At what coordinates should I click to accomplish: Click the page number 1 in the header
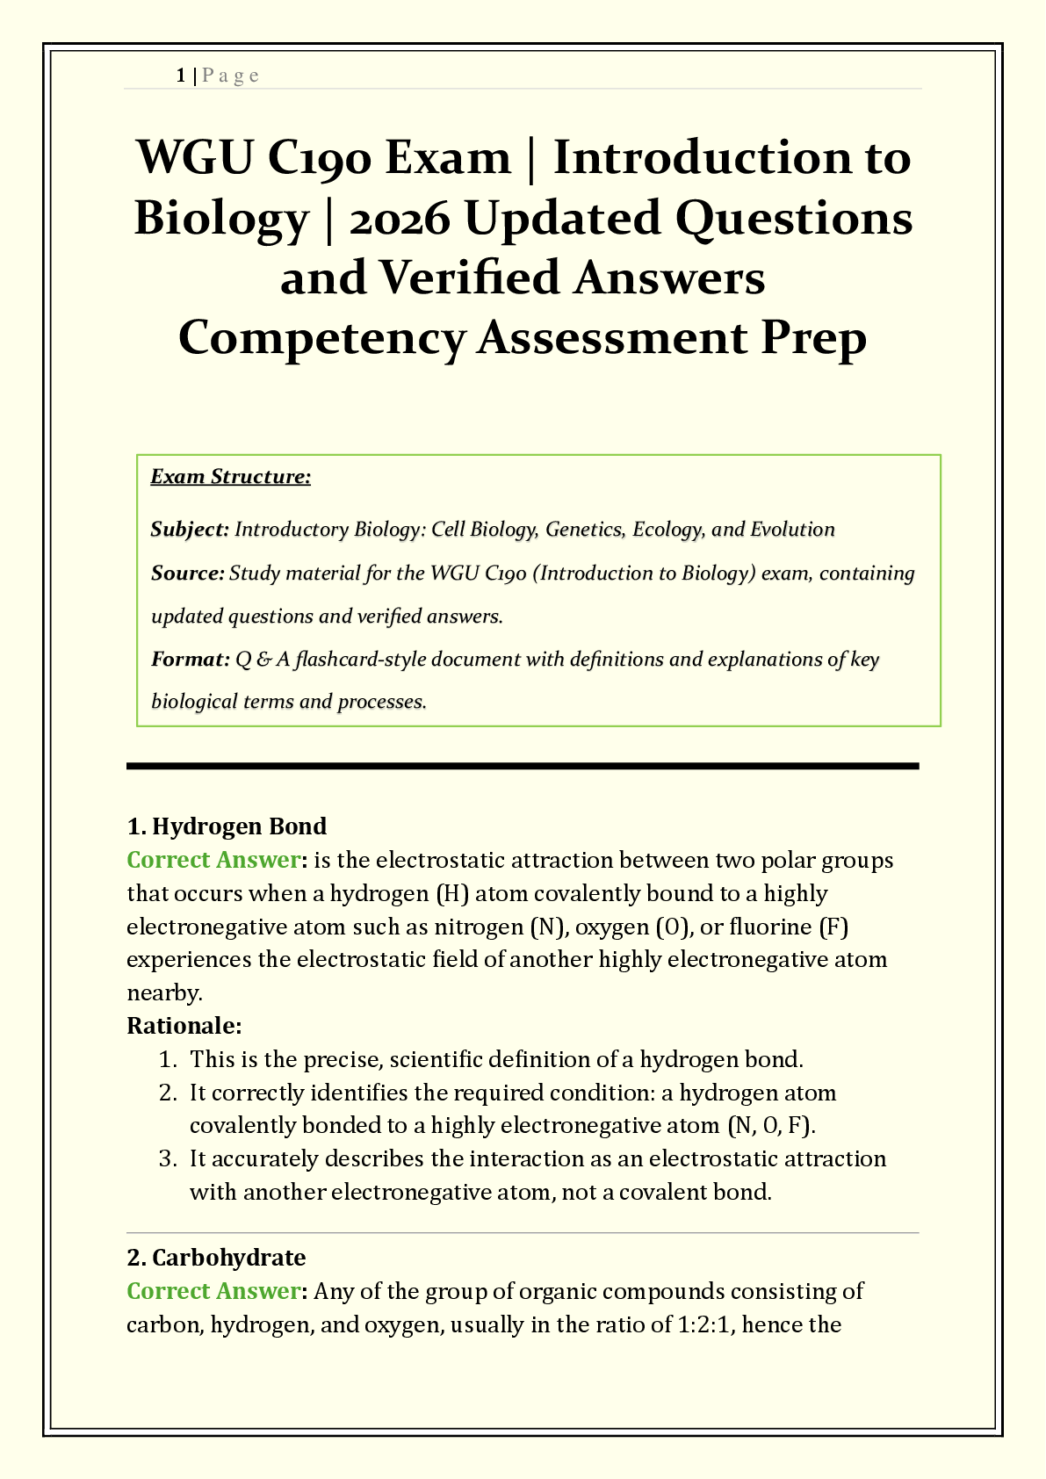point(180,76)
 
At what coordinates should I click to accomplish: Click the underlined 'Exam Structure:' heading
point(231,477)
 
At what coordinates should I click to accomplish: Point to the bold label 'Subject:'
point(190,530)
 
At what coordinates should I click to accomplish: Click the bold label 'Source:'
point(188,574)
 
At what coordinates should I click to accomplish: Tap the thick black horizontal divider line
point(523,767)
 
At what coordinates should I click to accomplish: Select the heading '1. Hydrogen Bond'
point(227,826)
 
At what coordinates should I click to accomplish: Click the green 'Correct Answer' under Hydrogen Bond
point(213,860)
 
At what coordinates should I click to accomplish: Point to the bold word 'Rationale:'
point(184,1026)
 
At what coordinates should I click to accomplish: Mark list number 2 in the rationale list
point(168,1093)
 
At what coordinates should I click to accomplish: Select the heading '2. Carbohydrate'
point(216,1258)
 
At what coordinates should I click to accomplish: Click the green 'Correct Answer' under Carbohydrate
point(213,1291)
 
